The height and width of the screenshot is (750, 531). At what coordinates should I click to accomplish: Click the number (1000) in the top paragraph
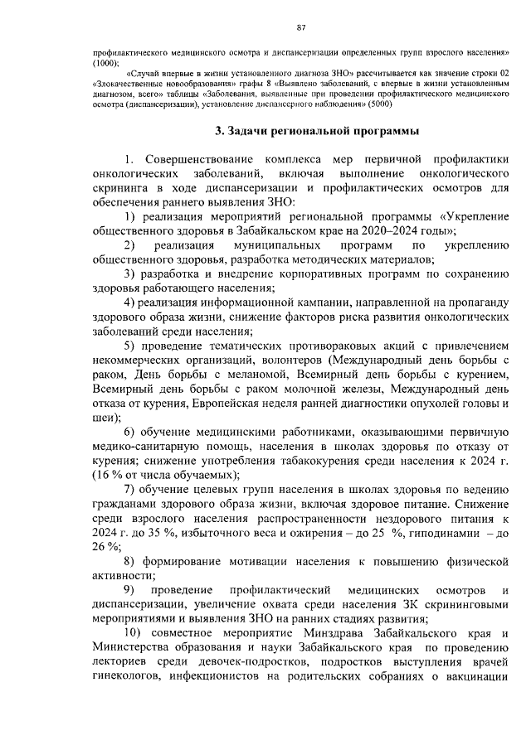tap(105, 63)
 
